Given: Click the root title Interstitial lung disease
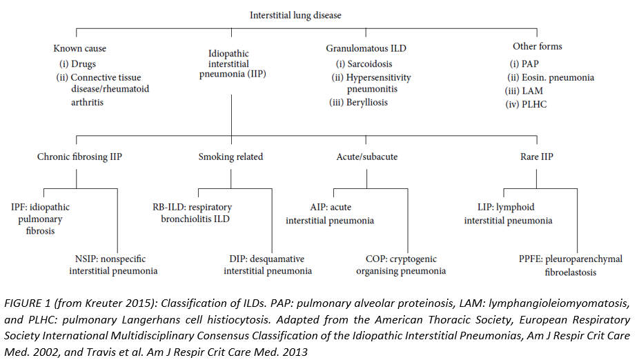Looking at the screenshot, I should coord(295,14).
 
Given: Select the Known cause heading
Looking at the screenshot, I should coord(80,48).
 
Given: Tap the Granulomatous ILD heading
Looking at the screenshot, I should coord(366,48).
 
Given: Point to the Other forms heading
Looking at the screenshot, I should coord(537,46).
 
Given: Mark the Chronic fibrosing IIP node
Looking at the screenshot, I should coord(79,157).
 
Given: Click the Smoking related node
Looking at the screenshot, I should coord(230,157).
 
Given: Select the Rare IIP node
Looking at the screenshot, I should coord(536,157).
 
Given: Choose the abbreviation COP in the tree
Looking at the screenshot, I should coord(377,259).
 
